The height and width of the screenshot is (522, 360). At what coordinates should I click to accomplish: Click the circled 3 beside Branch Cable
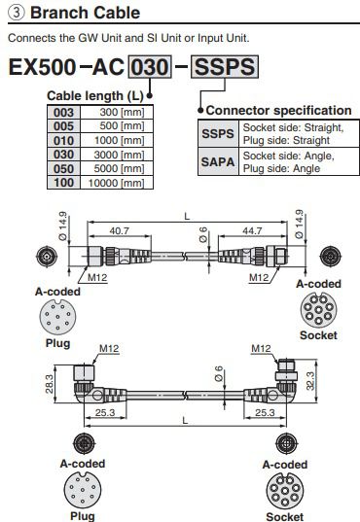click(x=16, y=13)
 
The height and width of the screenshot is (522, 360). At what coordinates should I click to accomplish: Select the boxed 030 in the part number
click(x=150, y=67)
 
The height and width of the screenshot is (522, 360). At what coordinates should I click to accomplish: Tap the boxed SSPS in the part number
click(x=225, y=67)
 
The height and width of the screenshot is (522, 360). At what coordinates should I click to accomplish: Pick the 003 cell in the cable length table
click(x=63, y=112)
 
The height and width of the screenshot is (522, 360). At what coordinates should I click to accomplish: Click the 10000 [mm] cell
click(x=117, y=183)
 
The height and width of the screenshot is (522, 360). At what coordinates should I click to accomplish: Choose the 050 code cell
click(x=63, y=168)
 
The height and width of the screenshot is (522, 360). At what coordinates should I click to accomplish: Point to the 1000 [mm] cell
click(x=117, y=140)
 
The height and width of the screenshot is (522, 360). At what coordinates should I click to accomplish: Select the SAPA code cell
click(x=218, y=161)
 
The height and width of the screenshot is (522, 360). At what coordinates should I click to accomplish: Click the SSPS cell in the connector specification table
click(x=218, y=133)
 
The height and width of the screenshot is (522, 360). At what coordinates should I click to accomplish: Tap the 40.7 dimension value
click(x=120, y=230)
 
